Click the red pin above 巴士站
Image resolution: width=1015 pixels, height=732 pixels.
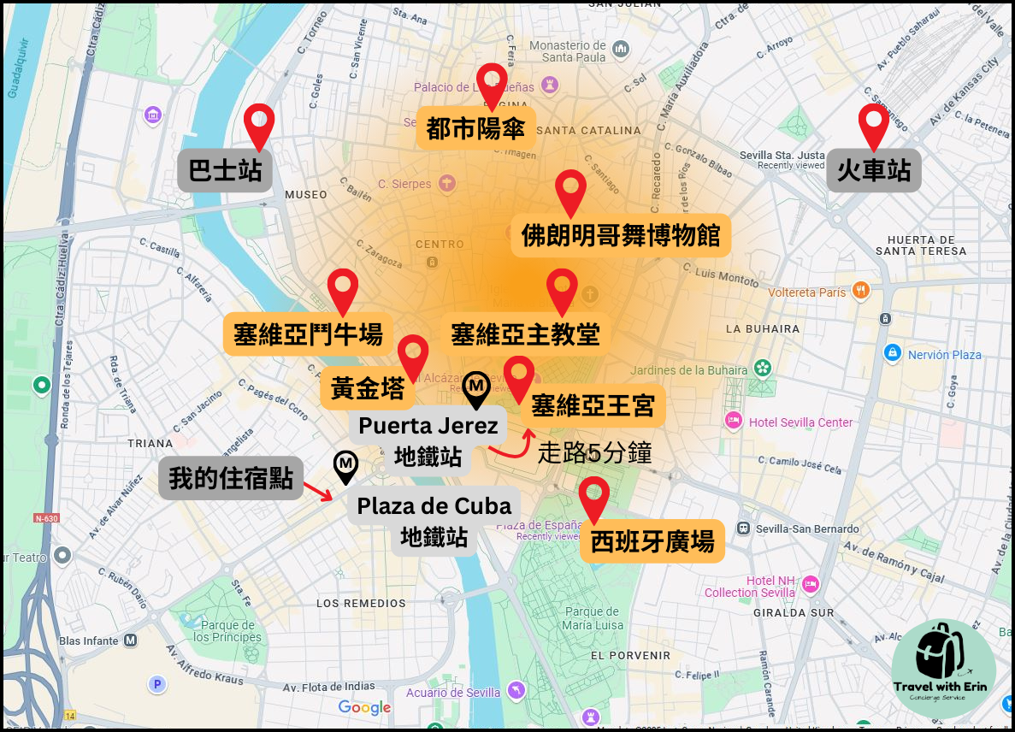258,126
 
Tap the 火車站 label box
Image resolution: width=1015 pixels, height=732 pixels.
873,170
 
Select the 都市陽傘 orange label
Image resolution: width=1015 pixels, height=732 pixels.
476,128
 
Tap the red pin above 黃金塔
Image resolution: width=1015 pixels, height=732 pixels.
413,356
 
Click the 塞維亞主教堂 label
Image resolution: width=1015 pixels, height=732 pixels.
525,334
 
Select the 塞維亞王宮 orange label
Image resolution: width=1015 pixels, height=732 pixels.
593,405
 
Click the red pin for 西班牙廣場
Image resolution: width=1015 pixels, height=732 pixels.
593,498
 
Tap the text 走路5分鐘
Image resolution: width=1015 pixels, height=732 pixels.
594,452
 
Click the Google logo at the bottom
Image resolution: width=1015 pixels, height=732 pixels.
364,707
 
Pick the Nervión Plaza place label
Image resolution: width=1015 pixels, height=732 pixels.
944,354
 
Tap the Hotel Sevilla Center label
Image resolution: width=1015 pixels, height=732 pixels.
800,422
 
